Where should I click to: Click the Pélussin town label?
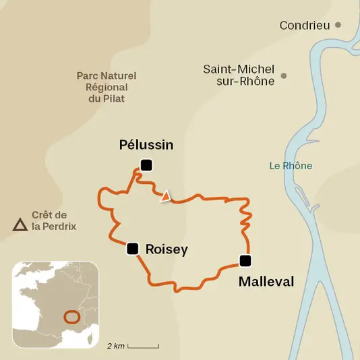coord(146,145)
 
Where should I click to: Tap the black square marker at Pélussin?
coord(146,164)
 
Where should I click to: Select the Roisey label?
coord(167,249)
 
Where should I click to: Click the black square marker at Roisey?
coord(133,249)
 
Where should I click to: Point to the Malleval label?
coord(266,282)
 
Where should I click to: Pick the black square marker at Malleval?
coord(245,261)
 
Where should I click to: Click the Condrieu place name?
coord(305,26)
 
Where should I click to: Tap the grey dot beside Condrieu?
coord(338,25)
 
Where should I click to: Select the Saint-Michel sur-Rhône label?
coord(239,75)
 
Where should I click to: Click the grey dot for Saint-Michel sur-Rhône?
coord(284,76)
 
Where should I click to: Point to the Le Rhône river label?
coord(291,166)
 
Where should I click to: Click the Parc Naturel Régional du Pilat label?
coord(101,87)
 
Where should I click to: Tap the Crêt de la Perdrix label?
coord(54,220)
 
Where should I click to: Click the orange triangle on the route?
coord(165,197)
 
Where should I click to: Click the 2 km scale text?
coord(115,346)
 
